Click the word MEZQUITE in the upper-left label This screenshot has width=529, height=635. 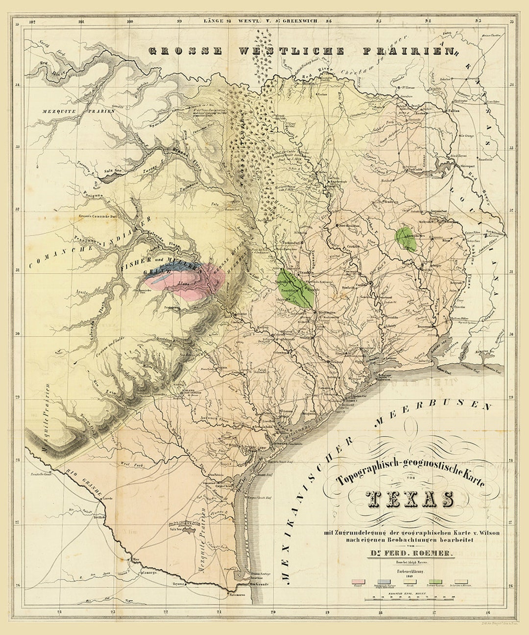click(x=52, y=111)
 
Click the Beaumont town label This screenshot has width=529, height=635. click(x=425, y=327)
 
